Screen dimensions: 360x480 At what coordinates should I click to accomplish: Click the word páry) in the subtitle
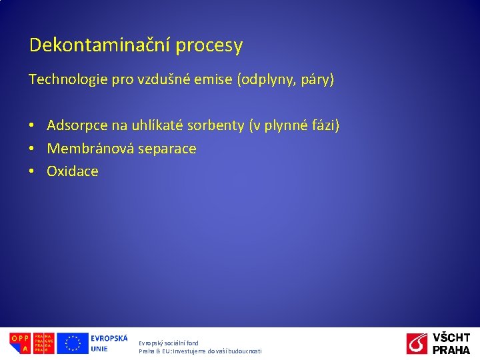[x=318, y=81]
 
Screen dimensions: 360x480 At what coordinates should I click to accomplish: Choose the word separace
[x=166, y=149]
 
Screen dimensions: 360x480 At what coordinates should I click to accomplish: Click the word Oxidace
[x=73, y=171]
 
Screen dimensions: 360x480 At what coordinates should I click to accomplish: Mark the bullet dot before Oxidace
[x=31, y=171]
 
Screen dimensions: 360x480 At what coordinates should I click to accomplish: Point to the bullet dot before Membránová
[x=31, y=149]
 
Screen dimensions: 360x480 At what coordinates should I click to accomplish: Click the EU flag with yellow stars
[x=72, y=343]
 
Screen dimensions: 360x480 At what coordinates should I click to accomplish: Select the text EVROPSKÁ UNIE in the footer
[x=109, y=343]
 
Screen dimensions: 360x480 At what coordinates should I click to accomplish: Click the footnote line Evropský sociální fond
[x=169, y=343]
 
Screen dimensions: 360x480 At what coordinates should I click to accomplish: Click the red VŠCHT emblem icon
[x=417, y=343]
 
